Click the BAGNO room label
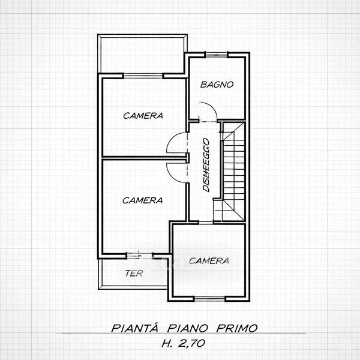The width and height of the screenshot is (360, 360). click(217, 85)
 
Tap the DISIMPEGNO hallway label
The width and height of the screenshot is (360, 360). click(206, 165)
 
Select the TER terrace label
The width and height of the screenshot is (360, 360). click(134, 273)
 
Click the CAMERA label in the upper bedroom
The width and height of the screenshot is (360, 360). click(143, 115)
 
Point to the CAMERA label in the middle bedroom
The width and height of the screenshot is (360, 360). click(143, 200)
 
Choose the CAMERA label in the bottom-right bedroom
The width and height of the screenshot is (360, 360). click(209, 261)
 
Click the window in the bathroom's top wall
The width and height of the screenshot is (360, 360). click(216, 55)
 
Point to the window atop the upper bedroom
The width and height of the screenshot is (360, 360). click(143, 76)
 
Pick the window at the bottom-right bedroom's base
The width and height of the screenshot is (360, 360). click(209, 299)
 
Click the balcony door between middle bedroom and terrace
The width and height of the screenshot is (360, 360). click(140, 256)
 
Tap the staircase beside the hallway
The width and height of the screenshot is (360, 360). click(232, 172)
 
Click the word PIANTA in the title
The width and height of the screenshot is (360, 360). click(135, 328)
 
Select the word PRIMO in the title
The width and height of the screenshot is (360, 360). click(237, 328)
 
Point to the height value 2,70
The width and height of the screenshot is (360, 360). click(191, 343)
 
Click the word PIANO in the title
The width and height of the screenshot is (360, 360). click(187, 328)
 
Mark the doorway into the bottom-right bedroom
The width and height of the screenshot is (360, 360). click(206, 223)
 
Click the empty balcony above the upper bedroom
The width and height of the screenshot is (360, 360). click(142, 55)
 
